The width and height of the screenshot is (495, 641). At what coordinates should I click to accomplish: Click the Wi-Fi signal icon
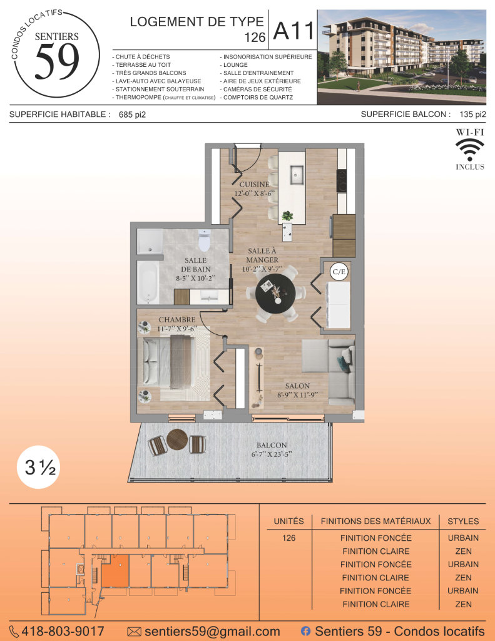click(470, 149)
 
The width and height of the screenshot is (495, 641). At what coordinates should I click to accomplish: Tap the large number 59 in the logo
click(57, 61)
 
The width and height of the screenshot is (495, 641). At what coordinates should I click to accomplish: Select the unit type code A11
click(294, 31)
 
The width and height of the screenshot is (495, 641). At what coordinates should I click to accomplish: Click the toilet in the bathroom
click(204, 240)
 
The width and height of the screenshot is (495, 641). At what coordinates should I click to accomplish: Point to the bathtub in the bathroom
click(148, 282)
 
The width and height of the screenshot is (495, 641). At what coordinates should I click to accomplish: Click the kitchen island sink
click(297, 175)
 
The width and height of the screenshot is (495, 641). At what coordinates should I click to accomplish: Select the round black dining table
click(275, 294)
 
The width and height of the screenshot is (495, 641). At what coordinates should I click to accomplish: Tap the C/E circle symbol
click(339, 272)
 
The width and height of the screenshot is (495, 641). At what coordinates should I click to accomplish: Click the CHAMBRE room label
click(177, 320)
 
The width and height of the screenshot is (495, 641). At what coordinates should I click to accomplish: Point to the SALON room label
click(297, 386)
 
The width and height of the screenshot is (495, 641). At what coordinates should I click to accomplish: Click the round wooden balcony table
click(177, 439)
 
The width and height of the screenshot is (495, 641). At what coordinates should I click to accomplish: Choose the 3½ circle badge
click(39, 467)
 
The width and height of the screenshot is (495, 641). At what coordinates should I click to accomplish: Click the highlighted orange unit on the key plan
click(115, 571)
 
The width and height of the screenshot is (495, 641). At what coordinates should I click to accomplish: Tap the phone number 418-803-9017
click(63, 631)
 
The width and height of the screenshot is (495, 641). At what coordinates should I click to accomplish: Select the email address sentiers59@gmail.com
click(212, 632)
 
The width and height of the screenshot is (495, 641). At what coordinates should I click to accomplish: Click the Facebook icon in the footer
click(305, 631)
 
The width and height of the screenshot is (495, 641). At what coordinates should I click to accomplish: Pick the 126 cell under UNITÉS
click(288, 538)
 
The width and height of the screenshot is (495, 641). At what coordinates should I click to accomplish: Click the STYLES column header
click(463, 521)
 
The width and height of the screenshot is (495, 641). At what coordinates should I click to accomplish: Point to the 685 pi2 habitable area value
click(133, 115)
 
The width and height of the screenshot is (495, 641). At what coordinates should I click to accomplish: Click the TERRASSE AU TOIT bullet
click(141, 65)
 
